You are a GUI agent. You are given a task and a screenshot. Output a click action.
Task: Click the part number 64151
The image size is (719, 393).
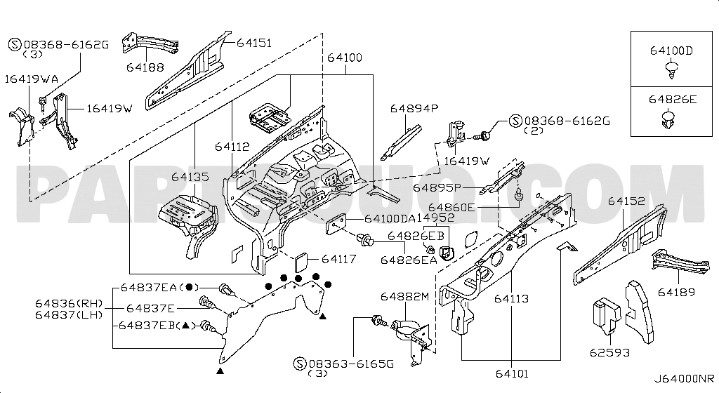(253, 43)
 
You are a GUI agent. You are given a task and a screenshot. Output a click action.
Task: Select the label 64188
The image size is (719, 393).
(145, 67)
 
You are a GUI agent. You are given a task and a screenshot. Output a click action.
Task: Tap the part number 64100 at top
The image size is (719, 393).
(344, 58)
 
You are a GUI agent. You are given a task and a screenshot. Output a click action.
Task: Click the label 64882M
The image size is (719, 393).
(404, 298)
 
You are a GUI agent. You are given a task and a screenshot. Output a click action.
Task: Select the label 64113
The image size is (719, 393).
(510, 298)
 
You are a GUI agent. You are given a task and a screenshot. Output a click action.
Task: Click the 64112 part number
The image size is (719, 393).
(232, 147)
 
